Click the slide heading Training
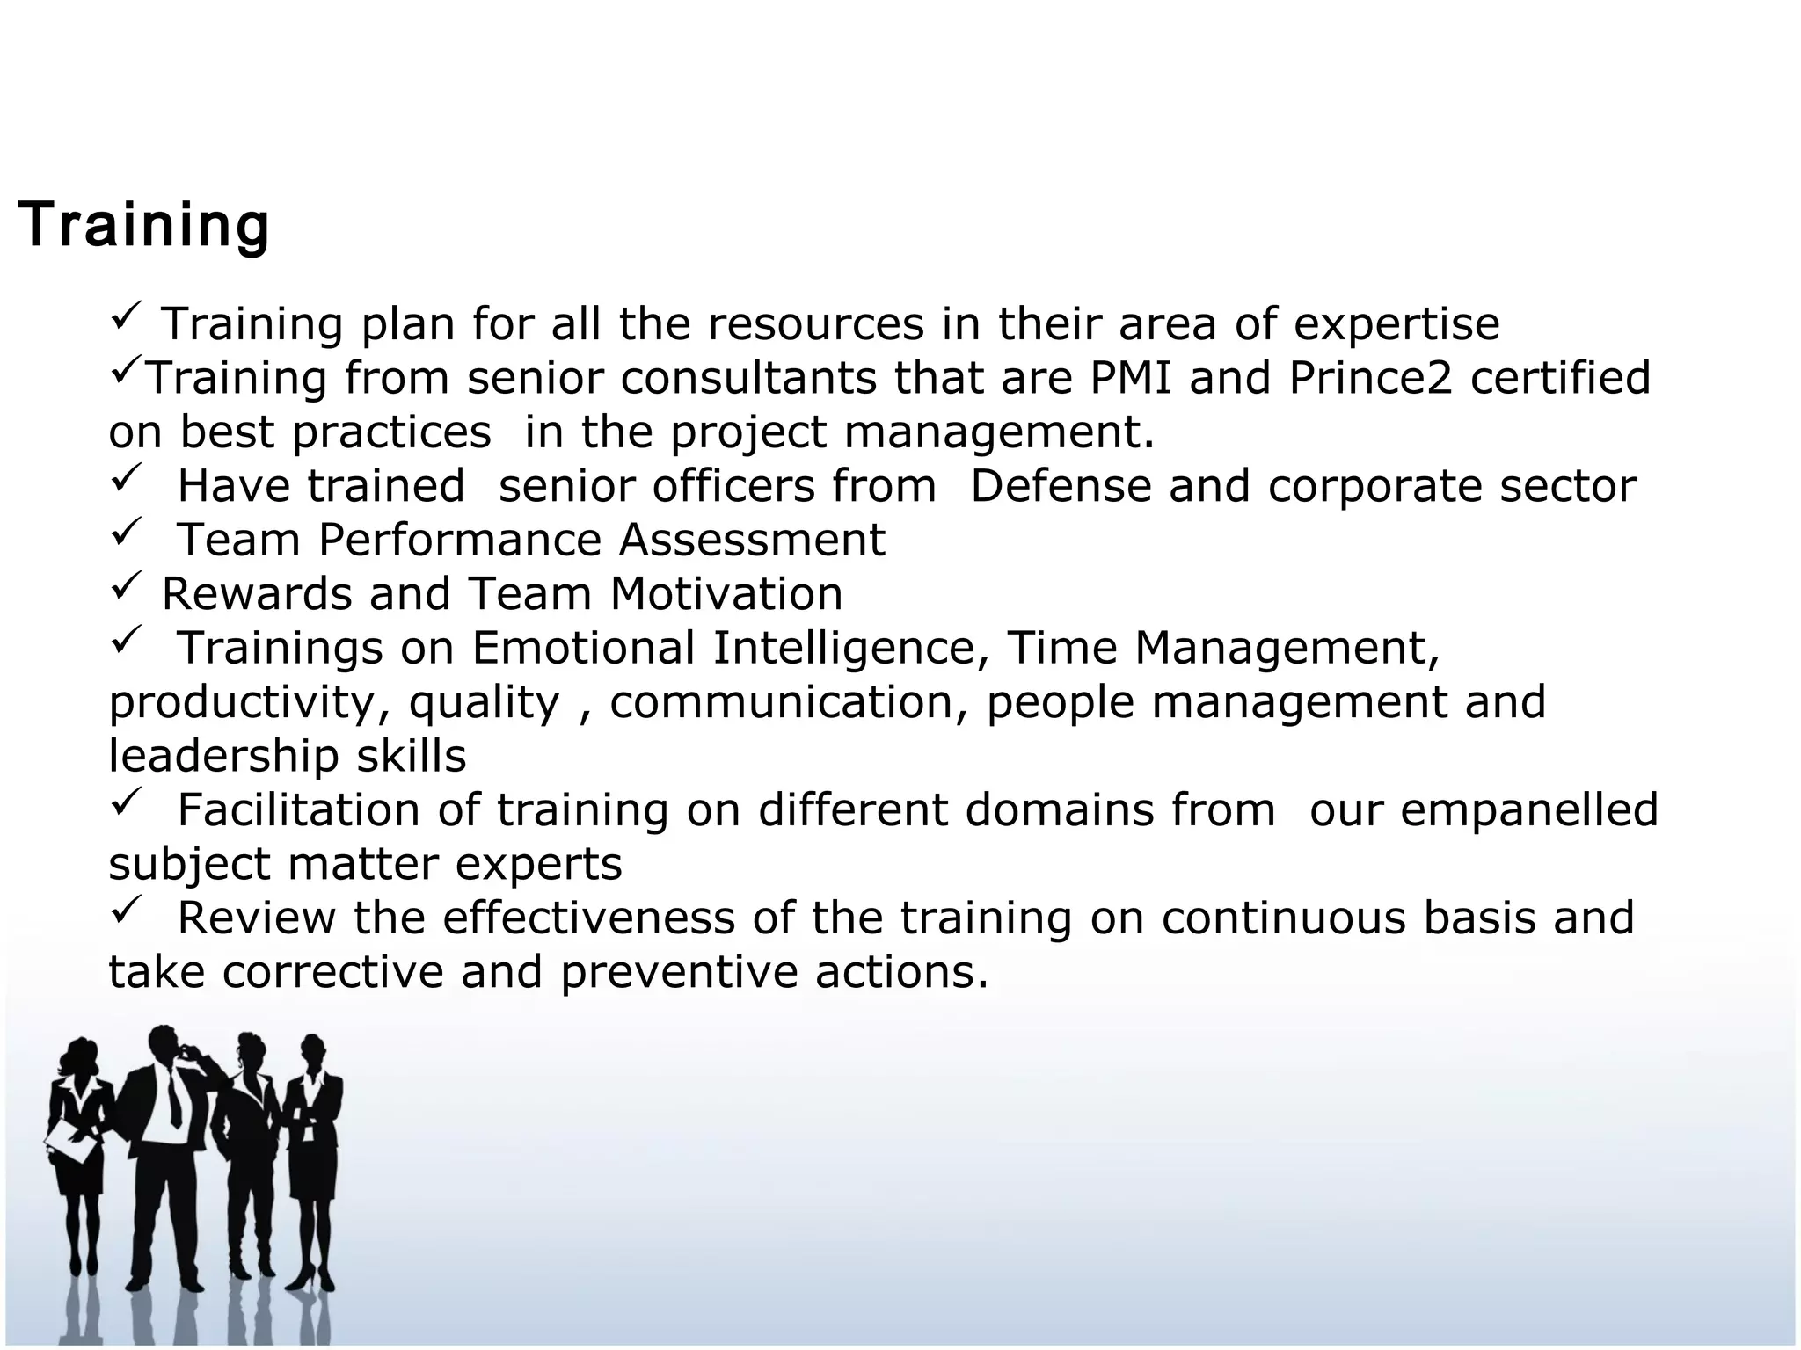click(143, 225)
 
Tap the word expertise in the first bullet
click(1396, 324)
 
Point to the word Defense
click(1060, 486)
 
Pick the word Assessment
click(752, 540)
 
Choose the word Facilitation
click(299, 809)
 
